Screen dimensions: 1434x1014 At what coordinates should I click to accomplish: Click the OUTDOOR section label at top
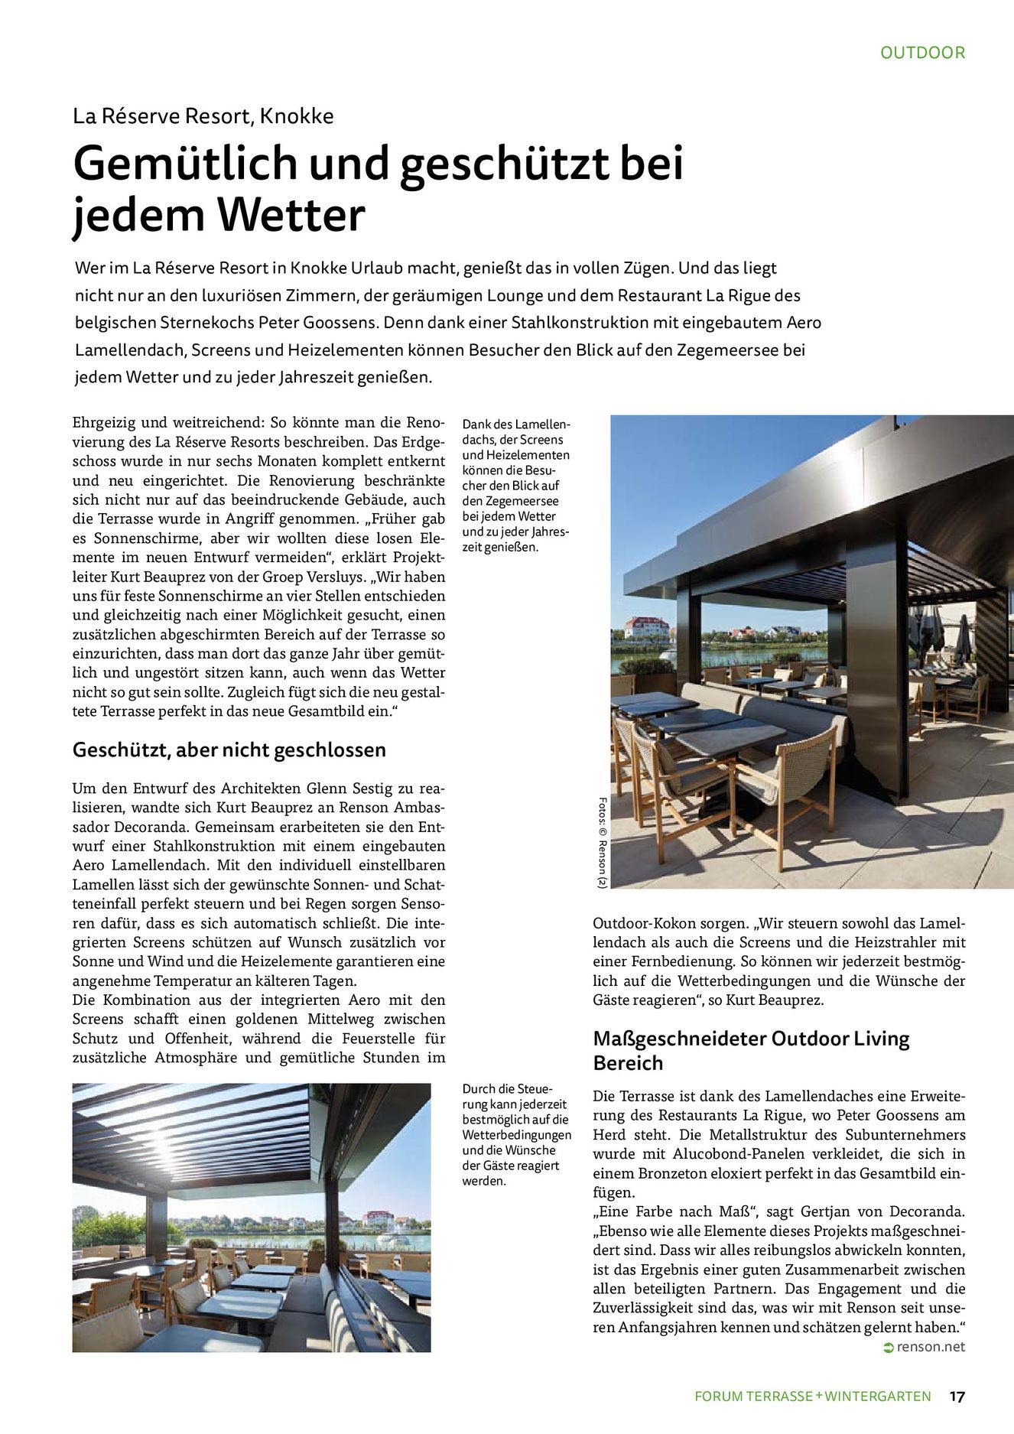point(922,53)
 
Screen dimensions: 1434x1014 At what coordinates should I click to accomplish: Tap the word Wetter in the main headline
point(291,216)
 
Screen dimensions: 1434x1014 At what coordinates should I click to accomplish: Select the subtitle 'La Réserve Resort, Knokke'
point(203,116)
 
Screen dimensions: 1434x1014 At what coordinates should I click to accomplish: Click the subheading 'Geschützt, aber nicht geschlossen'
point(229,750)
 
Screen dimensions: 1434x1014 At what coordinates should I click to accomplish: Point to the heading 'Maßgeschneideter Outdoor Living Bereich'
point(751,1050)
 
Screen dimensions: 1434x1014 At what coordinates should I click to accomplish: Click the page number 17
point(957,1396)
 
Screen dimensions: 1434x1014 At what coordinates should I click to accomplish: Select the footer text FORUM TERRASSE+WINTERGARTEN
point(812,1396)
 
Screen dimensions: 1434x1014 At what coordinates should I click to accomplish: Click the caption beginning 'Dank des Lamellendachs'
point(516,486)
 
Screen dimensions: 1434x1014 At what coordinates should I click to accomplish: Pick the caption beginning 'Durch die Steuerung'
point(516,1134)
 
